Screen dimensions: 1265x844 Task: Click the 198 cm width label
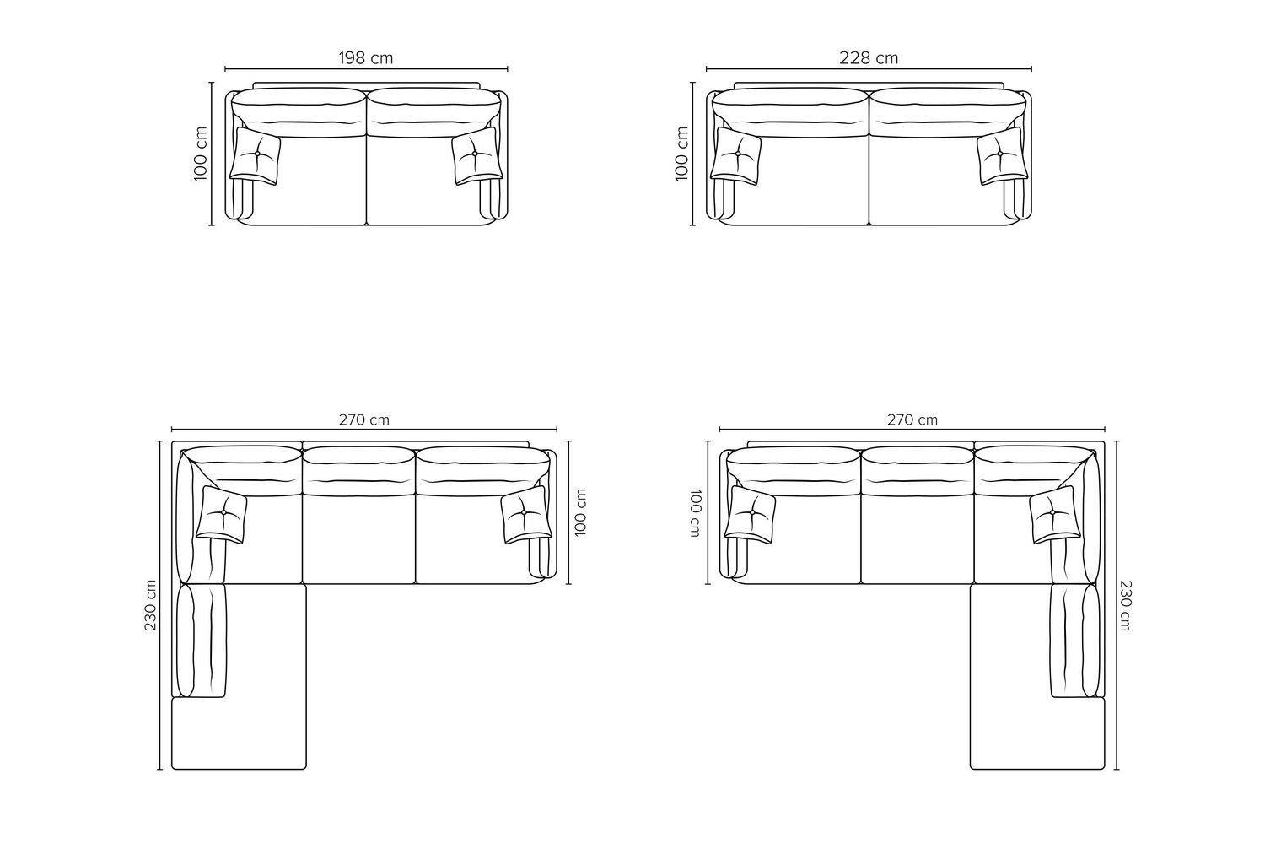365,57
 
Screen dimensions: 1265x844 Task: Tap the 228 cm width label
869,57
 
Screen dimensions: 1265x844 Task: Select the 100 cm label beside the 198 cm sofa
201,154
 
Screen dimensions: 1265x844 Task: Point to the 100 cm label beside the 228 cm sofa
681,154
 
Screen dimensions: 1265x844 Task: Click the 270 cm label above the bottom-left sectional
364,420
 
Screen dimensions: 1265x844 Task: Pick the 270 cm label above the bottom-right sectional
912,420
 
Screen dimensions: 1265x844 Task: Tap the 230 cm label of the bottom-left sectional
150,605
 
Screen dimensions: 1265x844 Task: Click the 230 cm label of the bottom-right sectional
1125,605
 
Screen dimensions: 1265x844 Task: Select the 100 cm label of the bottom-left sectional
580,512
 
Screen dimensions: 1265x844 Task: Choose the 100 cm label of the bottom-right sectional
695,512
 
